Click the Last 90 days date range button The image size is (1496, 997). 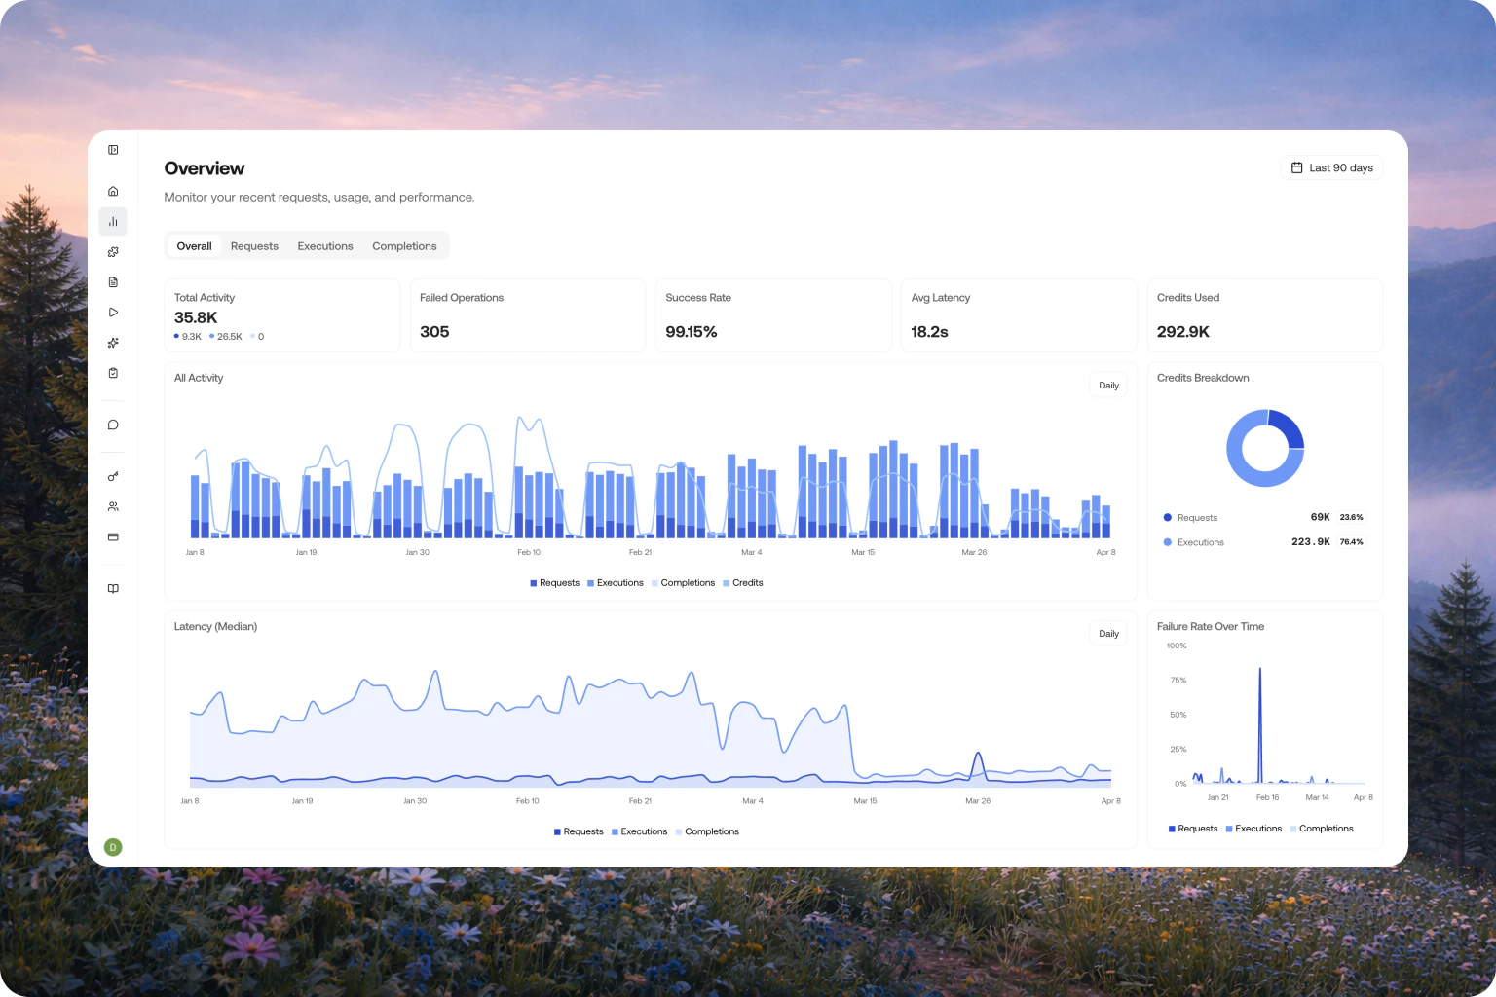click(1330, 168)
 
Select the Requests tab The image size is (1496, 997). click(254, 246)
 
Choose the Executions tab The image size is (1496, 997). click(325, 246)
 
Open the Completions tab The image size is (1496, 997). click(404, 246)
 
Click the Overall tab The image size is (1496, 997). click(194, 246)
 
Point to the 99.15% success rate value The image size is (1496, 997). click(691, 332)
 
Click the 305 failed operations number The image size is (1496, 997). click(434, 332)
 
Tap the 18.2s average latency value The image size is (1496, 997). click(929, 332)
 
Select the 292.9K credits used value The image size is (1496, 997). click(1182, 332)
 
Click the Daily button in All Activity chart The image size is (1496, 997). click(1108, 386)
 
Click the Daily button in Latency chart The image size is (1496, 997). click(1108, 634)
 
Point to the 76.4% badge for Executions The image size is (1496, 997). click(1351, 542)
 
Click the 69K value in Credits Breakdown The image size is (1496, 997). click(1320, 517)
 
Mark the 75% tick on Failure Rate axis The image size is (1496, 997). click(1178, 681)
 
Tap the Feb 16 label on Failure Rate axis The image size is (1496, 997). click(1267, 797)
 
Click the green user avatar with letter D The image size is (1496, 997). click(113, 847)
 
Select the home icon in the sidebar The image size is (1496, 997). click(113, 191)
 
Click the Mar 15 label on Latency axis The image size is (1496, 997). click(865, 801)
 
